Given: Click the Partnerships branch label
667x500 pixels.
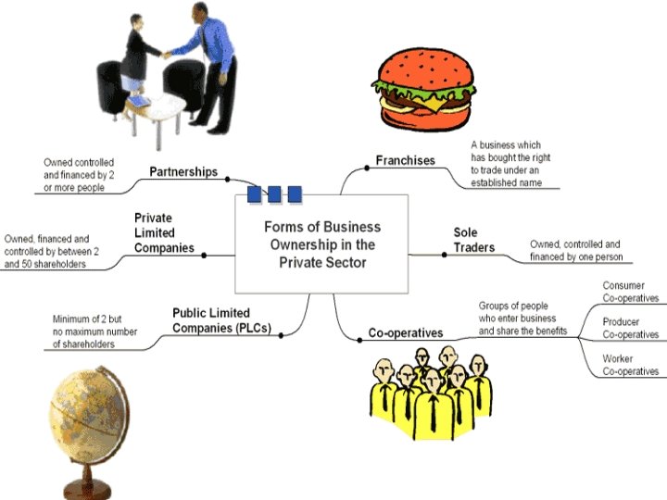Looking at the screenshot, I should click(183, 171).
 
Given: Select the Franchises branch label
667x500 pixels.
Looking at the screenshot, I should click(405, 160).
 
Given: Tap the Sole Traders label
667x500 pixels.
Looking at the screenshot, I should click(473, 240).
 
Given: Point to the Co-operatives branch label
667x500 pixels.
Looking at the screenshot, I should click(406, 332).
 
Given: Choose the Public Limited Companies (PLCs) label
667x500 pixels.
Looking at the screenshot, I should click(223, 319).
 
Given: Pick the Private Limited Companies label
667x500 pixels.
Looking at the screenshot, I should click(164, 232).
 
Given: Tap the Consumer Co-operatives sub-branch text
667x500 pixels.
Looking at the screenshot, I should click(630, 292).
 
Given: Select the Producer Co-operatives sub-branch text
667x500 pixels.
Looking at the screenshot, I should click(630, 328).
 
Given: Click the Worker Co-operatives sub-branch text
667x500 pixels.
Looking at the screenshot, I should click(630, 364).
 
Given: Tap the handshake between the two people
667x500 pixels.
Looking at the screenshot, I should click(167, 53).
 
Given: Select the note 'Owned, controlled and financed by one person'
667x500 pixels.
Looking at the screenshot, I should click(575, 250).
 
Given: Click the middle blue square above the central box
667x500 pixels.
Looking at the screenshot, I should click(274, 194).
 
